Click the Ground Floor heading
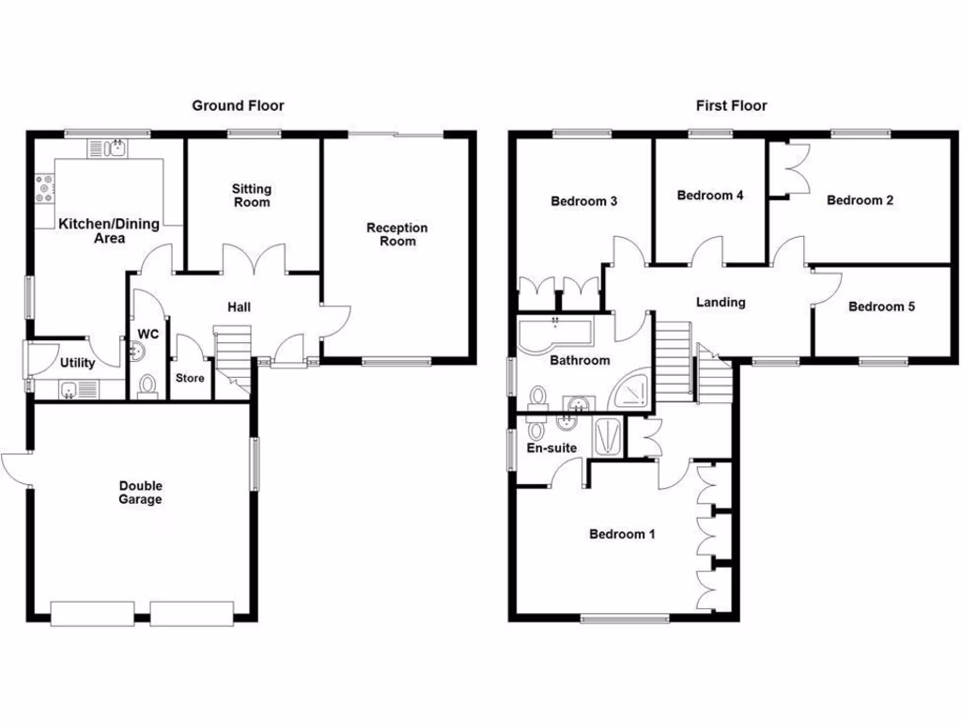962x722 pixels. point(238,105)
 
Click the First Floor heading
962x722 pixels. point(731,105)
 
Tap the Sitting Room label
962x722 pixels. point(251,196)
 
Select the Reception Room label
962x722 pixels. point(396,234)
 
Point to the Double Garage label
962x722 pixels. point(140,493)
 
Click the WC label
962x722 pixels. point(148,334)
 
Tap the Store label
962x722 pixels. point(190,378)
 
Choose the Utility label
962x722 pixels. point(77,363)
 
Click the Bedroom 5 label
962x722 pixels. point(881,306)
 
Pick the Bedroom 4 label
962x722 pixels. point(710,196)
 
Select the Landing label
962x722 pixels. point(721,302)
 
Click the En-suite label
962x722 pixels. point(551,447)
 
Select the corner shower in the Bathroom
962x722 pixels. point(628,389)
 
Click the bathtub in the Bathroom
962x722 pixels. point(554,333)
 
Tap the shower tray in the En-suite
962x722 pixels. point(608,435)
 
